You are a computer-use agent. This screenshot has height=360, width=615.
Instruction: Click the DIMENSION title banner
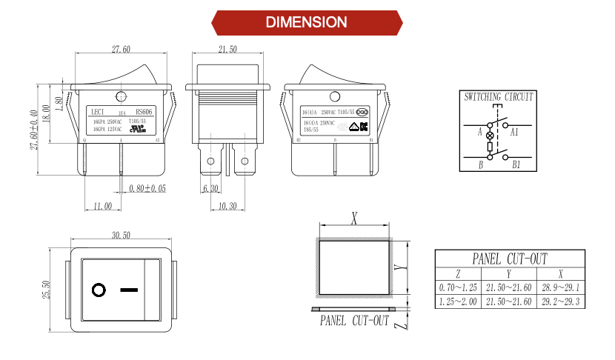click(307, 22)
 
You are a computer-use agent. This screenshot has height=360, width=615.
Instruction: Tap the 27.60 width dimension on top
click(121, 50)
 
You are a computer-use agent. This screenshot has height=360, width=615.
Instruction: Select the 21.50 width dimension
click(227, 50)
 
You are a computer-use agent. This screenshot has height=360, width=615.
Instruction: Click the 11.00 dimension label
click(102, 206)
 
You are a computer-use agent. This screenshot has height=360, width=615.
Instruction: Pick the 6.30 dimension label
click(212, 189)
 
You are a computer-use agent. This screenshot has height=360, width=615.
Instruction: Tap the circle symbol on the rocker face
click(99, 290)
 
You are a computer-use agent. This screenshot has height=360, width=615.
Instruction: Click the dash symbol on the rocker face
click(130, 290)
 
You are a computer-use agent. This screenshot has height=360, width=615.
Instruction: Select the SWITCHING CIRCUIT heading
click(498, 97)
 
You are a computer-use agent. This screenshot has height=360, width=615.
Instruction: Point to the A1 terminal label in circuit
click(514, 132)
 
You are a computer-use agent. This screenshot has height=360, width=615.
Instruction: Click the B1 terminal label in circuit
click(516, 164)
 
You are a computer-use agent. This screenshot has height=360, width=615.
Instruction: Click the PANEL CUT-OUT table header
click(509, 259)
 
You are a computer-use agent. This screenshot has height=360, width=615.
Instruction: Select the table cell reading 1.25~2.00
click(457, 301)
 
